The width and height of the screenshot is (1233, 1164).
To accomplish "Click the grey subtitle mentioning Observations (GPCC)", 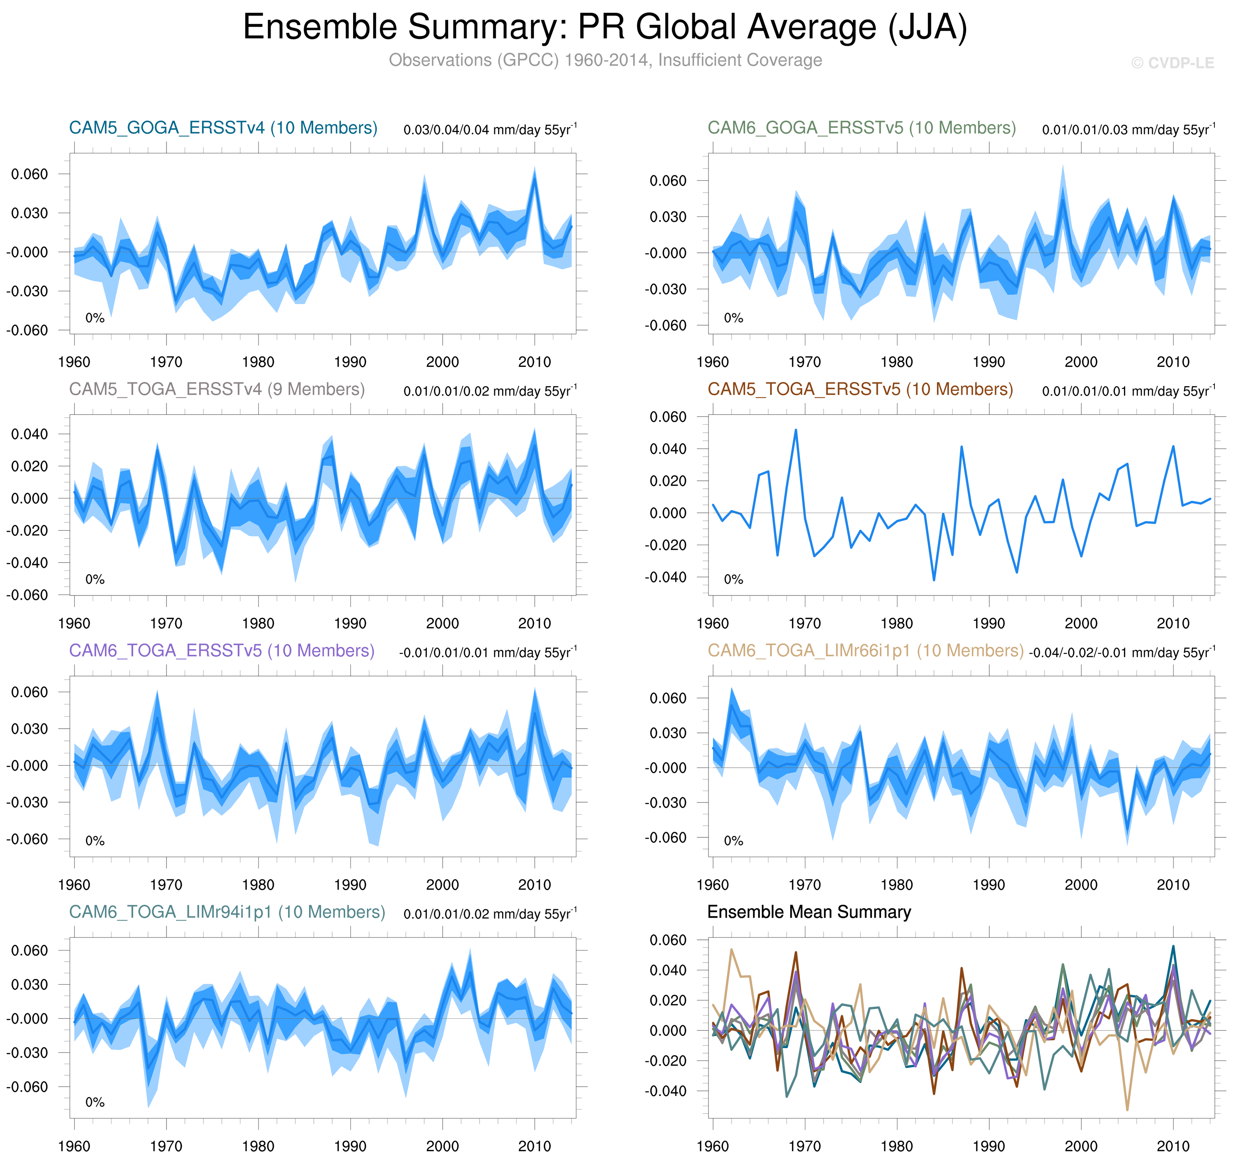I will [605, 60].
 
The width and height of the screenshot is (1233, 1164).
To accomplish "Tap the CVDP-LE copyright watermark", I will [1172, 63].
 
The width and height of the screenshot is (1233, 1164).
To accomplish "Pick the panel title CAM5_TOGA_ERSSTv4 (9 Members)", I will [216, 389].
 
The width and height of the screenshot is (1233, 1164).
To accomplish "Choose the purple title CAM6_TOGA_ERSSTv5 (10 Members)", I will [221, 650].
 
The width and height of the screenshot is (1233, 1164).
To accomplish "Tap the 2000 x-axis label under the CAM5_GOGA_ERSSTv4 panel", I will [442, 362].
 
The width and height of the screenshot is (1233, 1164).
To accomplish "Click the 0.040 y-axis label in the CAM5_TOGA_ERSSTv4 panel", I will [29, 434].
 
